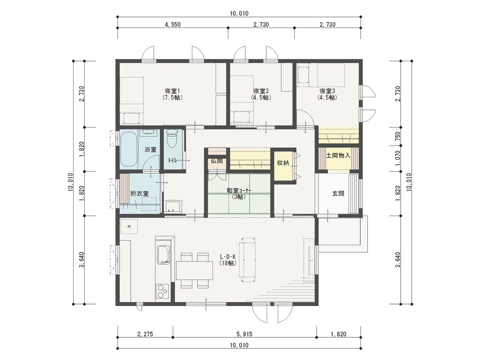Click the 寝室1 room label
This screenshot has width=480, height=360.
click(172, 91)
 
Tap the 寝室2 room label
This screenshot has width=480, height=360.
click(261, 91)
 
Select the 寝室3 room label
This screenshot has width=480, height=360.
click(327, 91)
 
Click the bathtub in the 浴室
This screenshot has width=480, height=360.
click(129, 149)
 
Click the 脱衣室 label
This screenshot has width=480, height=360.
click(139, 194)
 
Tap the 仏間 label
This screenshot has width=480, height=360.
click(217, 161)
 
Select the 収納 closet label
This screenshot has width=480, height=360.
click(283, 163)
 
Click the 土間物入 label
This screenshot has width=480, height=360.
click(338, 155)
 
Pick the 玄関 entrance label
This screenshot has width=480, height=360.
click(338, 194)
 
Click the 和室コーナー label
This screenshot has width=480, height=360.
click(239, 191)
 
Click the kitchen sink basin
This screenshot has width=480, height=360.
click(164, 255)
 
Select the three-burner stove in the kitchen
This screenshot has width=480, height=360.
click(162, 291)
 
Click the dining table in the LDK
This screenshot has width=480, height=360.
click(194, 270)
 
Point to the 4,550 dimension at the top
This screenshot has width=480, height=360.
click(173, 25)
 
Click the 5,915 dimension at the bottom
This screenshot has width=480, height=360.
click(244, 334)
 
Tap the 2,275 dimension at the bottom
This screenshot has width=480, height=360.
click(145, 334)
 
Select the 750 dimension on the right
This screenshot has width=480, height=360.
click(398, 136)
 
